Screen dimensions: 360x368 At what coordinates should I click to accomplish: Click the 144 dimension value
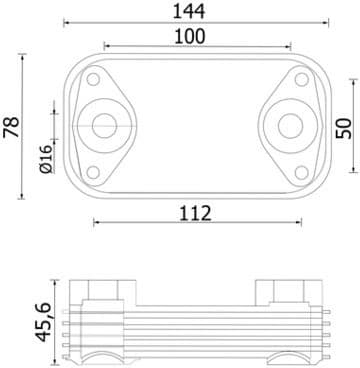189,11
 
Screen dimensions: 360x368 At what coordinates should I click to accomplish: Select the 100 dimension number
190,36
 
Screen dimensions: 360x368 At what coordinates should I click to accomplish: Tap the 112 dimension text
195,213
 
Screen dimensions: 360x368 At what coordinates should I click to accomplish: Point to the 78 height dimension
11,126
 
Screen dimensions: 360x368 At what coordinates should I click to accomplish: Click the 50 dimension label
344,128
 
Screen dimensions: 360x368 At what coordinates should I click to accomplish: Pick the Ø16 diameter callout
46,159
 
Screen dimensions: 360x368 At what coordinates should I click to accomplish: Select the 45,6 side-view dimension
44,322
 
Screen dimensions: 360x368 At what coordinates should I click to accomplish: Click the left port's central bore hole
104,126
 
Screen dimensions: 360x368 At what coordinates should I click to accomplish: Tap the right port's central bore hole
290,126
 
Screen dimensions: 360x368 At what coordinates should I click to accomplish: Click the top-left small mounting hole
93,79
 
